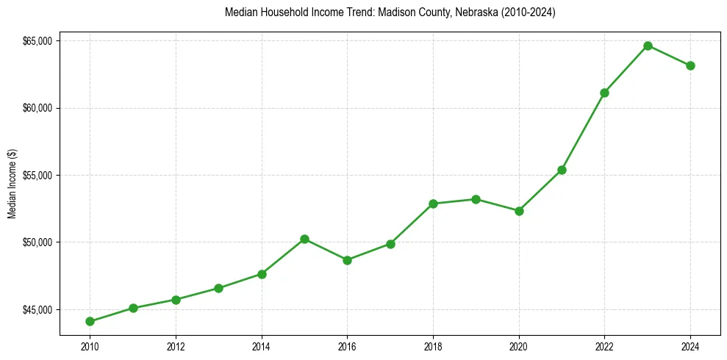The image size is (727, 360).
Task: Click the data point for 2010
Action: pyautogui.click(x=90, y=321)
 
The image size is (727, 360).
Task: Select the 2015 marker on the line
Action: pyautogui.click(x=304, y=239)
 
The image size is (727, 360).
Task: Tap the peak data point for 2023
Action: pyautogui.click(x=648, y=46)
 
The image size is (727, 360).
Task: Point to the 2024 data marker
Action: pyautogui.click(x=690, y=65)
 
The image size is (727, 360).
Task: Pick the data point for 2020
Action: pyautogui.click(x=519, y=211)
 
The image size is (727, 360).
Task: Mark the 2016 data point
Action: pyautogui.click(x=347, y=260)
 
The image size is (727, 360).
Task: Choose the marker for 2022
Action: pyautogui.click(x=604, y=93)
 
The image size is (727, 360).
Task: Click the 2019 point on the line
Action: pyautogui.click(x=476, y=199)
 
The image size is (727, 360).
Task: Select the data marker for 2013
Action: pyautogui.click(x=218, y=288)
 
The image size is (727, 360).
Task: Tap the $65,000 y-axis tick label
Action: pyautogui.click(x=37, y=41)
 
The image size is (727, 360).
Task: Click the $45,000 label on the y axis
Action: pyautogui.click(x=37, y=309)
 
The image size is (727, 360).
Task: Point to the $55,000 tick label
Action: pyautogui.click(x=37, y=176)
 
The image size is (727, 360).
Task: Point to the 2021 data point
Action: pyautogui.click(x=562, y=170)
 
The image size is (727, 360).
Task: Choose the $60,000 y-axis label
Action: pyautogui.click(x=37, y=108)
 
